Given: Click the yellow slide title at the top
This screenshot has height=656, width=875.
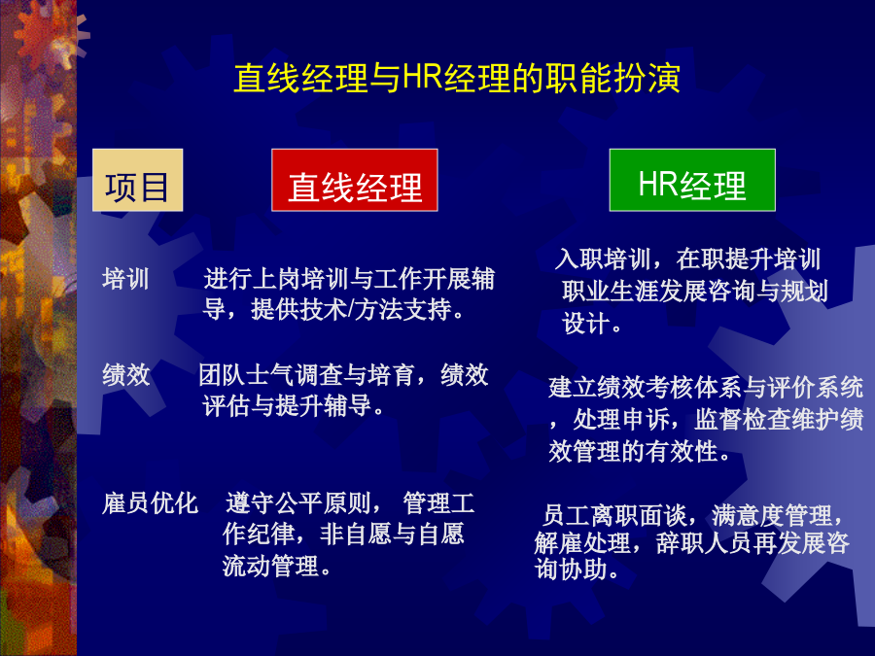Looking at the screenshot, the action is (457, 78).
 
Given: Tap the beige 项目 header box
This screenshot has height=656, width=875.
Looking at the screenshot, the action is (137, 180).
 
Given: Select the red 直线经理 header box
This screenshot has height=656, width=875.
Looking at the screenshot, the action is (354, 180).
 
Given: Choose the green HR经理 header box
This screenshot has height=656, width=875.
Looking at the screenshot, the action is (692, 180).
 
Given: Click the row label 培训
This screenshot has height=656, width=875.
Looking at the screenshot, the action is (125, 279).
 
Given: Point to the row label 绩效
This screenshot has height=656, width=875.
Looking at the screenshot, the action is (126, 374).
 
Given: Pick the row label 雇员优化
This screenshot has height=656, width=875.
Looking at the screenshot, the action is (150, 503).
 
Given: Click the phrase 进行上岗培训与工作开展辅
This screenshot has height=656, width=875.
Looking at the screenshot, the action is (349, 279).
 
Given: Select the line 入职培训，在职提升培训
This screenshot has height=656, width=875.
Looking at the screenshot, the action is (688, 259).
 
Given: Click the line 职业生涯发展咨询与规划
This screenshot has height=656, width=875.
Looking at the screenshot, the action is (695, 291).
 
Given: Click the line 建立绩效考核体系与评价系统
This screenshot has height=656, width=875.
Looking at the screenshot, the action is (706, 387).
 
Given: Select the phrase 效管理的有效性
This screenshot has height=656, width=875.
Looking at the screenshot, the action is (633, 451).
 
